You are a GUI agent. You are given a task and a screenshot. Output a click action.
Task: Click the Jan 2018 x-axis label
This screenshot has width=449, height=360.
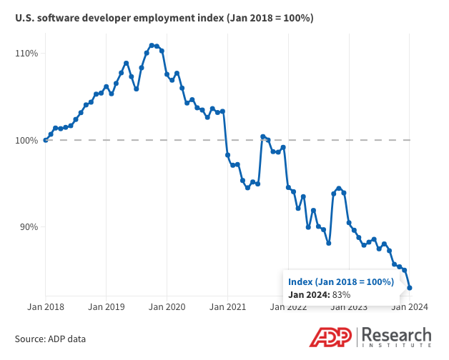(x=46, y=307)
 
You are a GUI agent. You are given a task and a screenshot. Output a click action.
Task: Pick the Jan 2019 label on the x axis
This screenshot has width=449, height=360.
(x=107, y=307)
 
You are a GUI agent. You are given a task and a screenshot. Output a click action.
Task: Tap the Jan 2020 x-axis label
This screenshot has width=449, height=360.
(x=167, y=307)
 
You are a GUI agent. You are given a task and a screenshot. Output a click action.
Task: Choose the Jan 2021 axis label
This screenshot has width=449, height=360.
(x=227, y=307)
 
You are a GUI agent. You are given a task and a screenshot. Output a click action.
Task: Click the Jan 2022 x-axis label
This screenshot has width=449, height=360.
(x=288, y=307)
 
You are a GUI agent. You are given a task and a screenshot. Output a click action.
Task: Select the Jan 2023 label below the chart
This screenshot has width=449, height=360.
(x=349, y=307)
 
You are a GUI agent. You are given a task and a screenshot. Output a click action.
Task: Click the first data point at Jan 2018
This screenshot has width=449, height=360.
(x=46, y=140)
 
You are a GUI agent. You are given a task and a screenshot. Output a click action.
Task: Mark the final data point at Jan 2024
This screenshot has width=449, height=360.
(x=410, y=288)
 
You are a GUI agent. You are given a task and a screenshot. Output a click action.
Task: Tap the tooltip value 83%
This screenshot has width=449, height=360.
(x=340, y=294)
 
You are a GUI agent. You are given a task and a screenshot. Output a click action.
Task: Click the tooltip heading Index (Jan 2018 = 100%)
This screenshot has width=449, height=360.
(x=341, y=282)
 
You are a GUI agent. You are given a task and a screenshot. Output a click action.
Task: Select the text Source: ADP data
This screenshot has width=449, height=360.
(x=50, y=338)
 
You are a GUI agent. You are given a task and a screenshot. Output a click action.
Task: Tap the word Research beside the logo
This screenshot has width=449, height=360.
(x=398, y=334)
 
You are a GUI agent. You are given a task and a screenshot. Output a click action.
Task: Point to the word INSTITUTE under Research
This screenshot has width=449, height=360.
(x=398, y=346)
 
